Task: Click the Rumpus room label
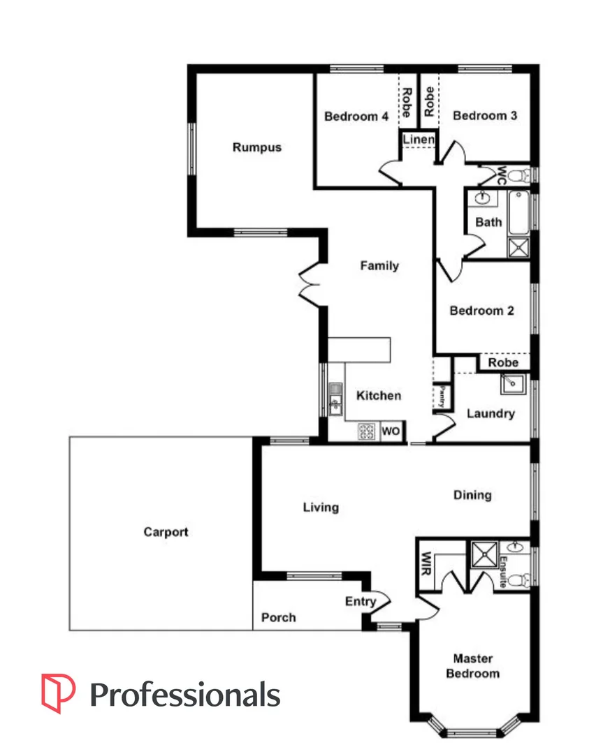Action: [x=256, y=147]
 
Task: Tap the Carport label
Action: [x=166, y=532]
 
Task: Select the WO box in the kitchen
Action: [x=391, y=432]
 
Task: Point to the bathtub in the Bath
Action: [x=518, y=212]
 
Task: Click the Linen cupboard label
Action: [x=419, y=140]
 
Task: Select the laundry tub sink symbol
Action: [x=511, y=383]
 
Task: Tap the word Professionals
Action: [x=185, y=695]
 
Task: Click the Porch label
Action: [x=278, y=617]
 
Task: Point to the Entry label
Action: [x=361, y=601]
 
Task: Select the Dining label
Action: [x=472, y=495]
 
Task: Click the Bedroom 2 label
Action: [x=481, y=311]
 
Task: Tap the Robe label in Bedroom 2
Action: [x=503, y=363]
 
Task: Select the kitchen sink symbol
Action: [x=335, y=399]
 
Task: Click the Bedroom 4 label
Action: [x=356, y=116]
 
